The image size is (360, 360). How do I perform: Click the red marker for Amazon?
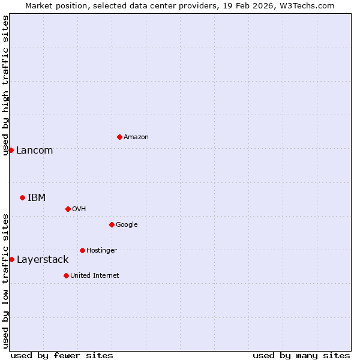[x=119, y=137]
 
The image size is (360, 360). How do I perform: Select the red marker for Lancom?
[x=11, y=150]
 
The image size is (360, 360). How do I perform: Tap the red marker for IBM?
[x=22, y=197]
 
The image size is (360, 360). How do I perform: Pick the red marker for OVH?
[x=68, y=209]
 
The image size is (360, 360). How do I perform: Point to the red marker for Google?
[x=112, y=224]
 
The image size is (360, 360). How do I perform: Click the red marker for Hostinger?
[x=82, y=250]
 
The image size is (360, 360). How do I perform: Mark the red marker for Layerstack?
[x=11, y=259]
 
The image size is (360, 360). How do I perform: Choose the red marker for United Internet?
[x=66, y=275]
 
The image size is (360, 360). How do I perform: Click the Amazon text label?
[x=136, y=137]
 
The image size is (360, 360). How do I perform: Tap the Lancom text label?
[x=34, y=151]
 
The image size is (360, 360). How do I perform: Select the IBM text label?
[x=37, y=198]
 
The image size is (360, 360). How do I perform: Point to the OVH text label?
[x=79, y=209]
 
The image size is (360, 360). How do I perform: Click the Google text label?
[x=127, y=225]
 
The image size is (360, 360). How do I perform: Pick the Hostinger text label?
[x=101, y=251]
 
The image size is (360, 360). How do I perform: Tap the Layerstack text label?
[x=43, y=260]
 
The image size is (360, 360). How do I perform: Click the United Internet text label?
[x=94, y=276]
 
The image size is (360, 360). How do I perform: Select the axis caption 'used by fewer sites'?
[x=62, y=355]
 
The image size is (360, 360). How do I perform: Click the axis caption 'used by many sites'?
[x=301, y=355]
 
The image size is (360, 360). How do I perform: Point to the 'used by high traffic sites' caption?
[x=5, y=85]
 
